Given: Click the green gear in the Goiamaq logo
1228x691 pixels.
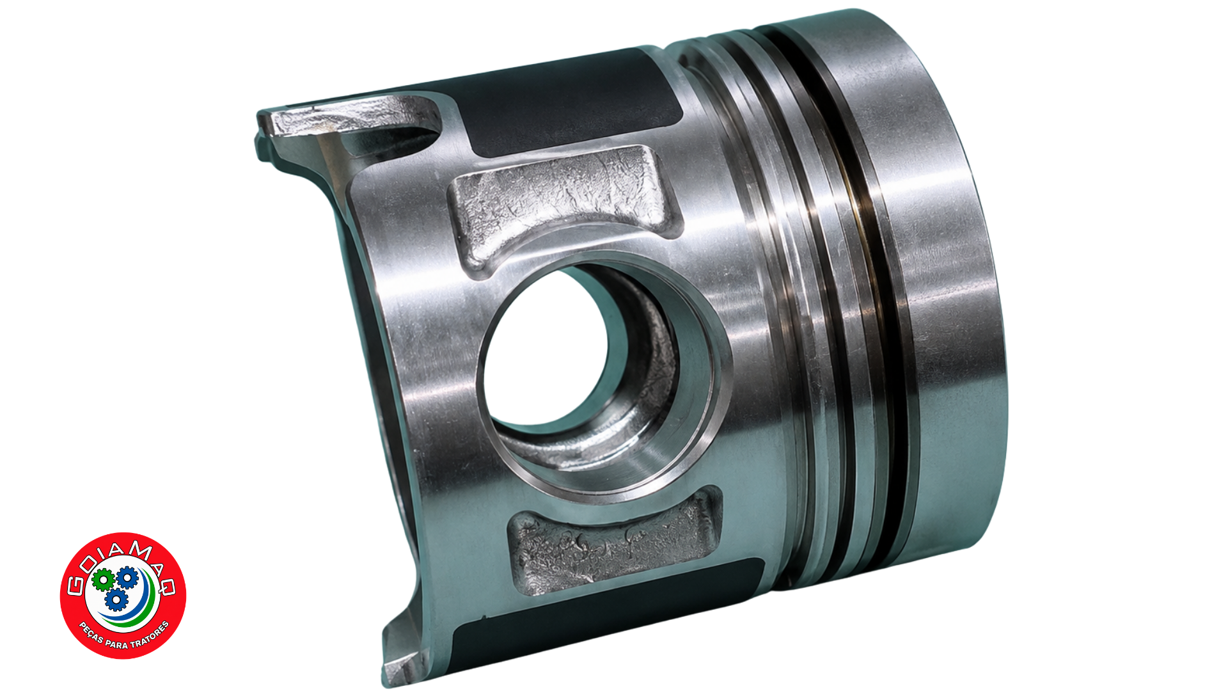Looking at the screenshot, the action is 102,580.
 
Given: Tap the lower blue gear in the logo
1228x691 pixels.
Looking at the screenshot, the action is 116,600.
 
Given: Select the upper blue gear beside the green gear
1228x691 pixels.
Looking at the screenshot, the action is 127,577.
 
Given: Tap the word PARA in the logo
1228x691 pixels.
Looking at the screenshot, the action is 116,643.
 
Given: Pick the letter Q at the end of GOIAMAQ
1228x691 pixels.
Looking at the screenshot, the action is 168,585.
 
